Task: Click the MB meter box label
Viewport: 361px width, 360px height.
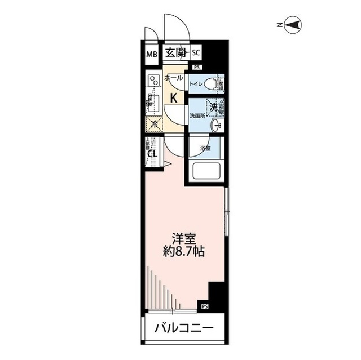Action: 151,54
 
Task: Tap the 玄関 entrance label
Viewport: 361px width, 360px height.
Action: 175,54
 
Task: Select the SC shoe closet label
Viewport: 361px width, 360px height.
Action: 196,54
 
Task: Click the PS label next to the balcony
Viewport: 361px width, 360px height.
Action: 204,307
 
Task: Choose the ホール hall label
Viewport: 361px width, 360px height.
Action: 174,79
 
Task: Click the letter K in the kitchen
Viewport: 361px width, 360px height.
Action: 174,97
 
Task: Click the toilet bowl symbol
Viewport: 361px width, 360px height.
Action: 211,85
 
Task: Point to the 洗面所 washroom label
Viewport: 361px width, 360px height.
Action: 197,116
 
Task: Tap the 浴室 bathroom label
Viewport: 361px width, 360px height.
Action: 204,149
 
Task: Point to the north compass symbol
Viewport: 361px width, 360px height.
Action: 294,24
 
